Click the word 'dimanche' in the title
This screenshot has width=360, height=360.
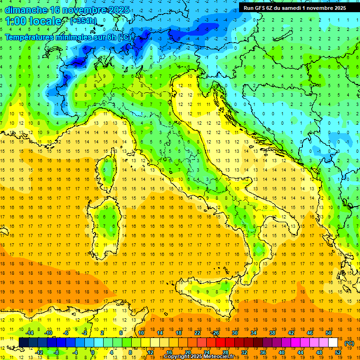(26, 10)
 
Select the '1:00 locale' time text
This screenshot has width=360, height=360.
(33, 21)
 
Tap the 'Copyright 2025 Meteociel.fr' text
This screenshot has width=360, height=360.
(199, 357)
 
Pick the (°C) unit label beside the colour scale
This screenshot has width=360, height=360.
(349, 343)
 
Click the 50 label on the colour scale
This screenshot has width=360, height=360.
(328, 333)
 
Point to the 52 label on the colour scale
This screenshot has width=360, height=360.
(337, 352)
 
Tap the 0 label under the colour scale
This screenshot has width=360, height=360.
(93, 352)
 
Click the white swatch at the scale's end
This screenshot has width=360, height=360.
(333, 343)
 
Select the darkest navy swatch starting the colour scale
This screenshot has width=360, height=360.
(23, 343)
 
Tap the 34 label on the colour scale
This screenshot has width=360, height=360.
(253, 333)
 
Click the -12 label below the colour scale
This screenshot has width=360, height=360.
(39, 352)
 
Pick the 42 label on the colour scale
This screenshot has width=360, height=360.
(291, 333)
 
